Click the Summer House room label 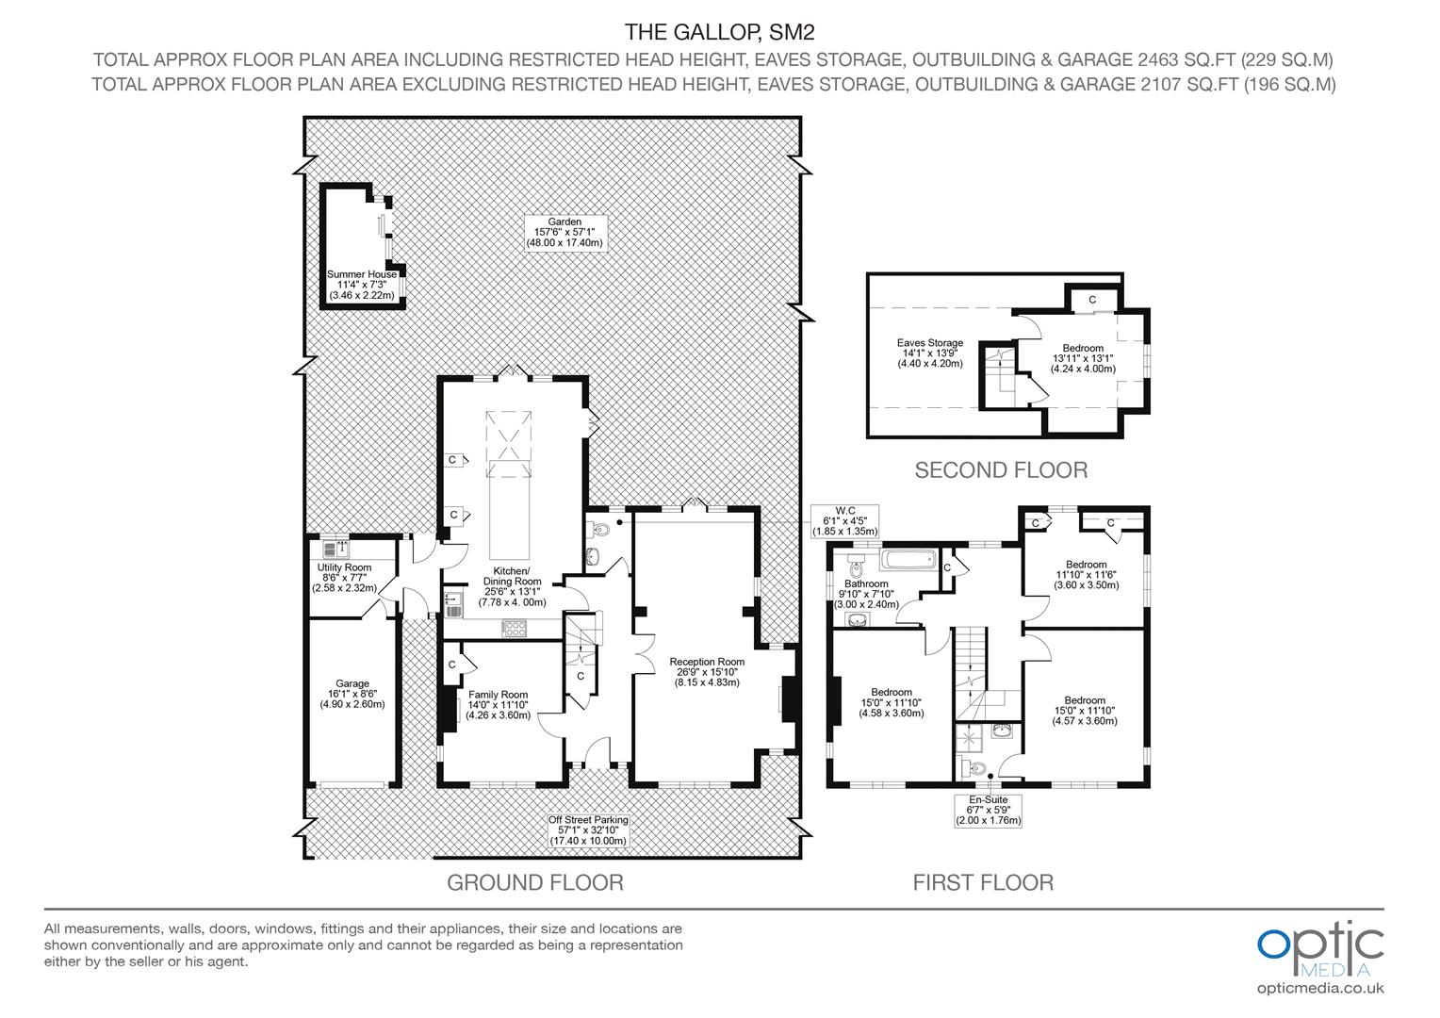coord(362,285)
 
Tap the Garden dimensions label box coord(565,232)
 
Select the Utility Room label coord(345,578)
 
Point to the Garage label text coord(352,694)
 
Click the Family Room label coord(499,705)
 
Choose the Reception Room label coord(707,672)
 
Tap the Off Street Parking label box coord(588,830)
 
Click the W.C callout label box coord(844,521)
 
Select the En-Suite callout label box coord(988,811)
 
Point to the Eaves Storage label coord(930,353)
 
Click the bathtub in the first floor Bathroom coord(908,560)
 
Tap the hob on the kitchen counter coord(515,629)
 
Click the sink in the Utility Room coord(335,550)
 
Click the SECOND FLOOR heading coord(1001,470)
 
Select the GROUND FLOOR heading coord(535,882)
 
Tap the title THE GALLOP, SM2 coord(719,31)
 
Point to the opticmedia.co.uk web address coord(1320,989)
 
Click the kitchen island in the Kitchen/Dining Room coord(509,510)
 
